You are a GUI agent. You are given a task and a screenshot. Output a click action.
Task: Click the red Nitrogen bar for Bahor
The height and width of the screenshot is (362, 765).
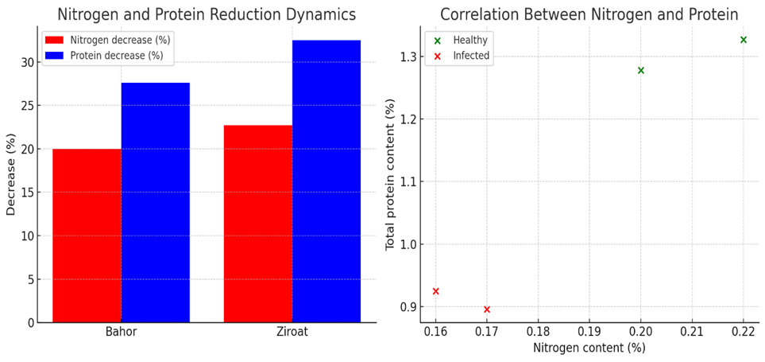pyautogui.click(x=87, y=235)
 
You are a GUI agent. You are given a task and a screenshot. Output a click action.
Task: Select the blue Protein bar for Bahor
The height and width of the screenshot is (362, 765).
pyautogui.click(x=156, y=202)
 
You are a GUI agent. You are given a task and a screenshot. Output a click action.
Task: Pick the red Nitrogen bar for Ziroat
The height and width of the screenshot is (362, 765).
pyautogui.click(x=258, y=224)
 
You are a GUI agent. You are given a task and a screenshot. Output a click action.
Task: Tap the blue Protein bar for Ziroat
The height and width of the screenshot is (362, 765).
pyautogui.click(x=326, y=181)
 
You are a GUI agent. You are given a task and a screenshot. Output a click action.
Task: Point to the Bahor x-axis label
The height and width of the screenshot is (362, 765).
pyautogui.click(x=122, y=332)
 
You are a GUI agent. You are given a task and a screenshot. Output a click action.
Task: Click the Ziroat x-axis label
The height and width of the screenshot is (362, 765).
pyautogui.click(x=292, y=332)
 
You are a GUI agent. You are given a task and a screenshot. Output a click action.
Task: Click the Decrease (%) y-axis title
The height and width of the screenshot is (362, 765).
pyautogui.click(x=11, y=174)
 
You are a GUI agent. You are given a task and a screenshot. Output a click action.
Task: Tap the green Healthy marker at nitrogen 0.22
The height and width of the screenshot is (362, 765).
pyautogui.click(x=744, y=40)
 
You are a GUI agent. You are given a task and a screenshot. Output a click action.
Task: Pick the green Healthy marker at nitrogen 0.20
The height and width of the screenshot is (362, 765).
pyautogui.click(x=641, y=70)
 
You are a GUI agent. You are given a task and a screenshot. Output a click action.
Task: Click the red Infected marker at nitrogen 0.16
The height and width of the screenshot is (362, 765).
pyautogui.click(x=435, y=291)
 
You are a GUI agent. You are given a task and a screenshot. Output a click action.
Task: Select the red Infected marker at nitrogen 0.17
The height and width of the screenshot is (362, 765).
pyautogui.click(x=487, y=309)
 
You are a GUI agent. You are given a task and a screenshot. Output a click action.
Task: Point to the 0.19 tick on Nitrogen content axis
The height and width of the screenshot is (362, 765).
pyautogui.click(x=589, y=332)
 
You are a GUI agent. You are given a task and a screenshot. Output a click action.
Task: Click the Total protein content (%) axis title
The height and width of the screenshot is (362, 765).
pyautogui.click(x=391, y=174)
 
